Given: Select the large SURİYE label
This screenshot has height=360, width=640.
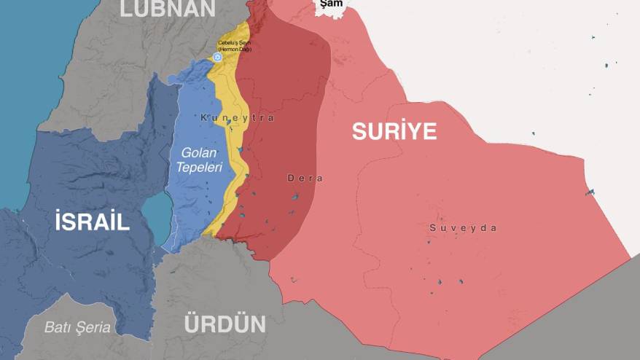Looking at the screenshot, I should [x=394, y=131].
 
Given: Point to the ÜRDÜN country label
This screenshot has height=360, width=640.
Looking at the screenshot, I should [x=225, y=324].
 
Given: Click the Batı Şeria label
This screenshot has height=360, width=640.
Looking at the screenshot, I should [x=77, y=327].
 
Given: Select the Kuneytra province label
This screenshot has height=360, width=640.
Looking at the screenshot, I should [x=237, y=118].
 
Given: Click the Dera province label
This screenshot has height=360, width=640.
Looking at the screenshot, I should [x=305, y=178].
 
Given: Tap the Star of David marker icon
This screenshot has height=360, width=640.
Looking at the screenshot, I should [x=216, y=57].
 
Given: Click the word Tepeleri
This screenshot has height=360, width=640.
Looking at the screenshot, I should [x=198, y=167].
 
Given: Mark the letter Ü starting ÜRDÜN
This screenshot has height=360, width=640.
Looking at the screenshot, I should [x=192, y=323].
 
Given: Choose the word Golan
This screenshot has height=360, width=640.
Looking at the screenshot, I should [x=198, y=152].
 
